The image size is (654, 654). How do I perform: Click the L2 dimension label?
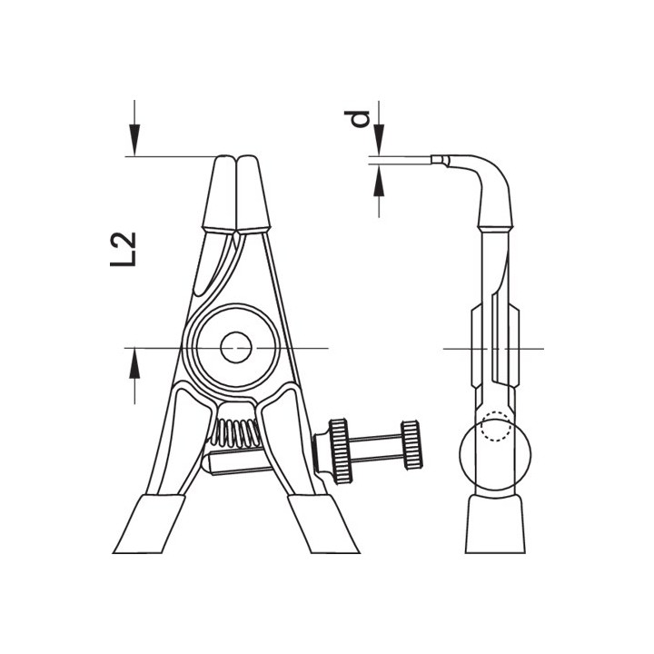click(123, 249)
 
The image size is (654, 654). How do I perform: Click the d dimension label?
click(357, 118)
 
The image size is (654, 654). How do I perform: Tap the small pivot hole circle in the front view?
click(236, 347)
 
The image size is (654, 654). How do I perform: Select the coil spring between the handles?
click(236, 432)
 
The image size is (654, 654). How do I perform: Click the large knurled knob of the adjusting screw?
click(341, 451)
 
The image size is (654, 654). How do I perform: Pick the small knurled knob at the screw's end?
click(411, 444)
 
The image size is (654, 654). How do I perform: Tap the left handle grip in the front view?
click(149, 524)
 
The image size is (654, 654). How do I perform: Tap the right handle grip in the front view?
click(323, 524)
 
